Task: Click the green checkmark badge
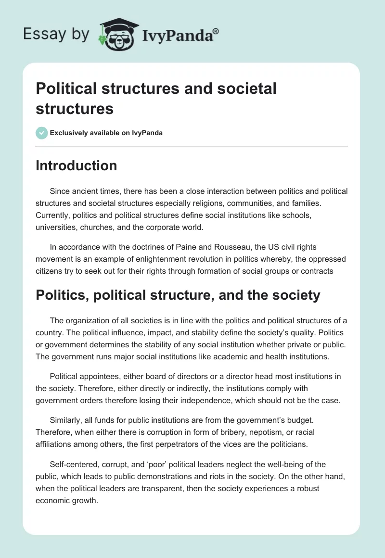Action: [x=42, y=133]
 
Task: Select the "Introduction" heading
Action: [x=76, y=165]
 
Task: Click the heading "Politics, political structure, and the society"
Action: [x=178, y=294]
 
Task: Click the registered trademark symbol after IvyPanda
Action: [x=216, y=32]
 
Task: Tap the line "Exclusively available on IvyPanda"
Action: [x=106, y=133]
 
